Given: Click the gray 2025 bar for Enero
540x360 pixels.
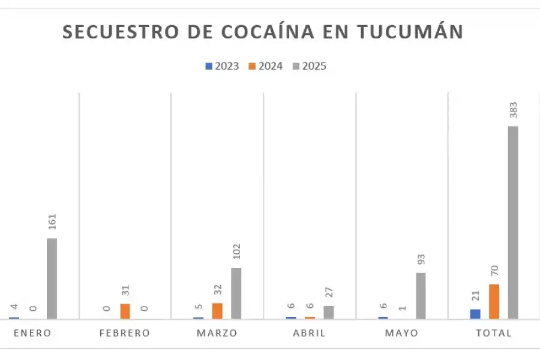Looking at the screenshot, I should point(52,278).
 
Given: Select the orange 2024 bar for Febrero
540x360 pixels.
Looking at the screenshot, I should point(125,311).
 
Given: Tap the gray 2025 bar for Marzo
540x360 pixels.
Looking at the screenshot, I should point(236,293).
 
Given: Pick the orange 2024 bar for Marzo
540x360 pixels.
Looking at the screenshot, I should point(217,311).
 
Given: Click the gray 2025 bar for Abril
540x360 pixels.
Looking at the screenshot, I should point(328,312).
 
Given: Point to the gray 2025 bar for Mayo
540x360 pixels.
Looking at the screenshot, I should point(421,296).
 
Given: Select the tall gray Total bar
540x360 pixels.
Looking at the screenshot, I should point(513,222).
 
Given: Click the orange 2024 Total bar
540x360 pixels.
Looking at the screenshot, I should point(494,301).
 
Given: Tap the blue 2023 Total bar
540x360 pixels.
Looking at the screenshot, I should point(475,314).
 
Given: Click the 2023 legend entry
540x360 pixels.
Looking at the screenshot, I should point(223,66).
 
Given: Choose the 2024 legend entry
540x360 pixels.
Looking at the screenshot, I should point(266,66).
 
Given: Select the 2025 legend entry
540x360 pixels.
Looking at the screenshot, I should point(310,66).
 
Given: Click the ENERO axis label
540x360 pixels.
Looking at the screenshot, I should point(32,333).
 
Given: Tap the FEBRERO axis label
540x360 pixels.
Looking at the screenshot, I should point(125,333).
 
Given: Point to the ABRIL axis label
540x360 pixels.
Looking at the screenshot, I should point(309,333).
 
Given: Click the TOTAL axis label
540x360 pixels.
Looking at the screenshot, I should point(494,333).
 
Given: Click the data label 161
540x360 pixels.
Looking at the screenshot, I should point(52,223).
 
